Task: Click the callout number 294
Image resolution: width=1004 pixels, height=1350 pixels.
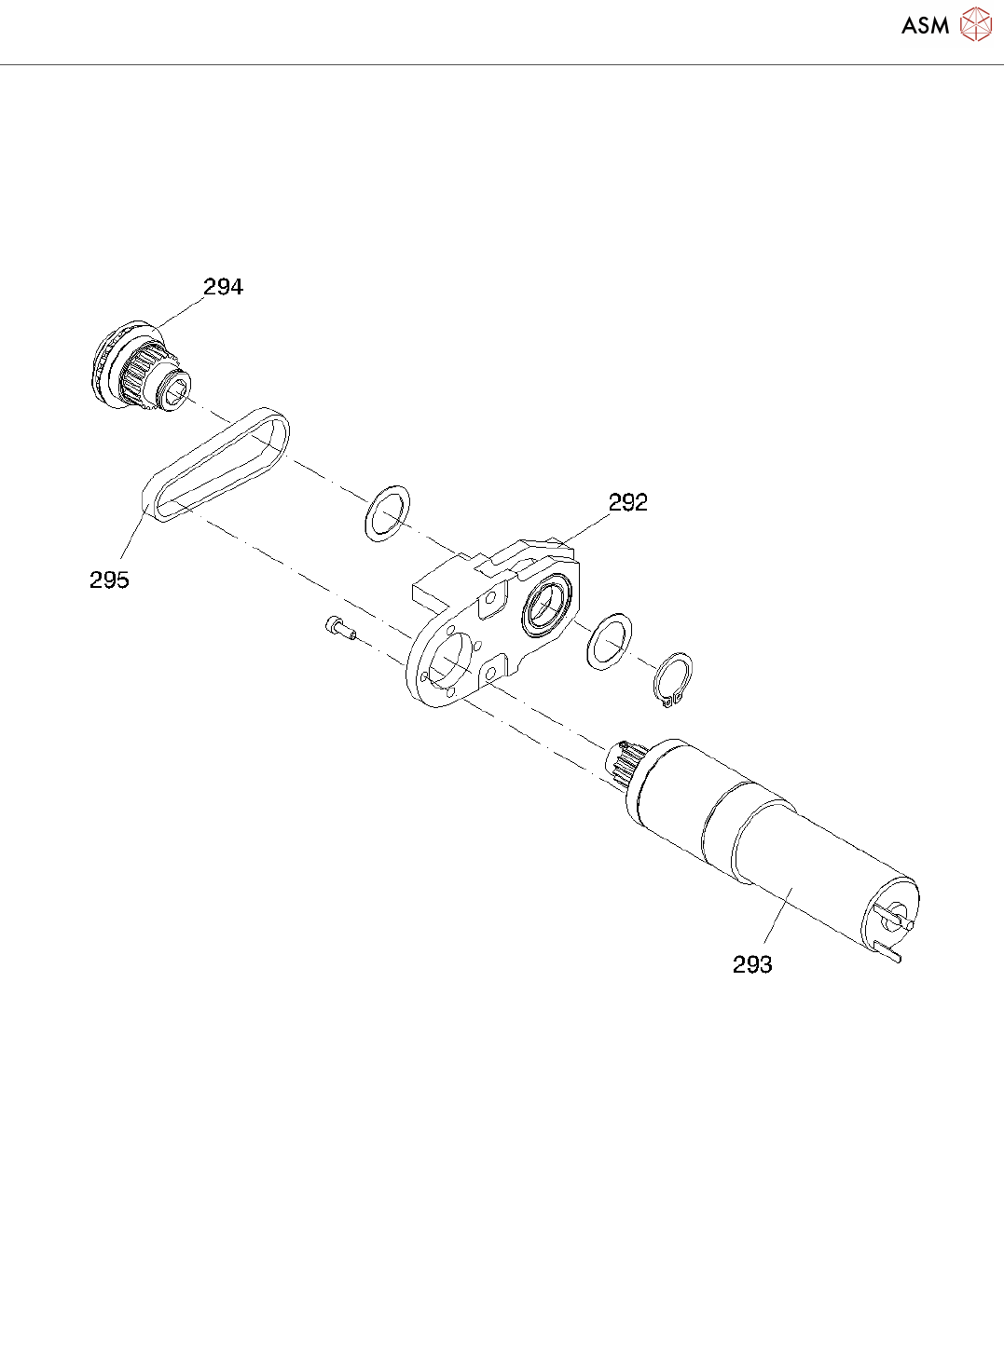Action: (x=224, y=287)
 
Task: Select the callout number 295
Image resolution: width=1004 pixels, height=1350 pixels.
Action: (x=109, y=580)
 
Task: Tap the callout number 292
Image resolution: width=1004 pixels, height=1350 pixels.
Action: (x=627, y=502)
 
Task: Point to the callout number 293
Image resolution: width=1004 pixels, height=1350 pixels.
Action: (x=752, y=964)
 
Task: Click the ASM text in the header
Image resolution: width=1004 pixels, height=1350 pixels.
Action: (x=925, y=26)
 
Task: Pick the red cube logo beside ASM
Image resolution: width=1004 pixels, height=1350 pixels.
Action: (x=976, y=24)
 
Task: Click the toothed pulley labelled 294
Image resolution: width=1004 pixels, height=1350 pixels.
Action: (x=140, y=368)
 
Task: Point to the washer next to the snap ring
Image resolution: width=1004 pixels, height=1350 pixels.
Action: (x=610, y=641)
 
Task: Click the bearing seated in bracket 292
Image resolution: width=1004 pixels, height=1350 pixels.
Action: (x=544, y=606)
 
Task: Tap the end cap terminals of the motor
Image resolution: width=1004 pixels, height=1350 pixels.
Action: (x=895, y=922)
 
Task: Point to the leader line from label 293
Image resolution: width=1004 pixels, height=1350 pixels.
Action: (x=776, y=918)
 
